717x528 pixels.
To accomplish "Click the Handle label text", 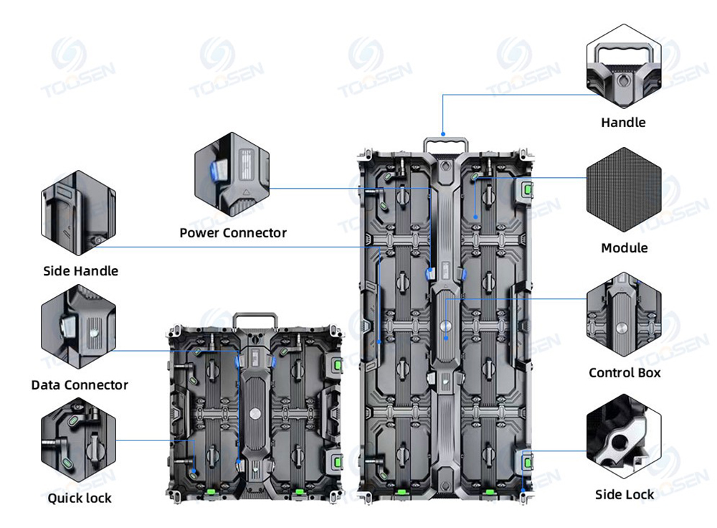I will (x=623, y=123).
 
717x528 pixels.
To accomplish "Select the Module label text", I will (x=624, y=248).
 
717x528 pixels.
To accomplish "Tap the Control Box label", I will (x=625, y=373).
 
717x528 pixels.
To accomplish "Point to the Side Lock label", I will (x=625, y=494).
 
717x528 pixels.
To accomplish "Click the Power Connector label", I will (x=232, y=233).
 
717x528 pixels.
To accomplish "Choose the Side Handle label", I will (x=80, y=271).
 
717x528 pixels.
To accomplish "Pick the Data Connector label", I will (x=80, y=385).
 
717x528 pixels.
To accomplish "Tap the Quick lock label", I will (x=80, y=498).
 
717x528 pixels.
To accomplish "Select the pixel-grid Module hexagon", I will (x=623, y=189).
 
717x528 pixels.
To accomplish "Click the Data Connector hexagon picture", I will (x=79, y=327).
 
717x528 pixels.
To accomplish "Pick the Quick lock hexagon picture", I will (x=79, y=440).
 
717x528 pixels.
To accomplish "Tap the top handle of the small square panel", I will (x=255, y=318).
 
